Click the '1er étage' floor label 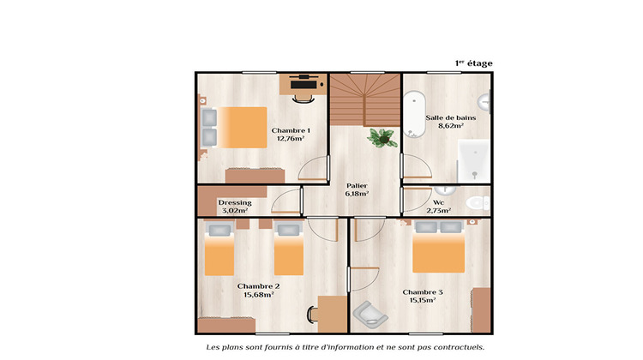pyautogui.click(x=473, y=63)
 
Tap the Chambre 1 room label pyautogui.click(x=291, y=130)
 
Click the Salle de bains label pyautogui.click(x=451, y=117)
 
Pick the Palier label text pyautogui.click(x=357, y=186)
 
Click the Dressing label pyautogui.click(x=234, y=202)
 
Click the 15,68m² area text pyautogui.click(x=257, y=294)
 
